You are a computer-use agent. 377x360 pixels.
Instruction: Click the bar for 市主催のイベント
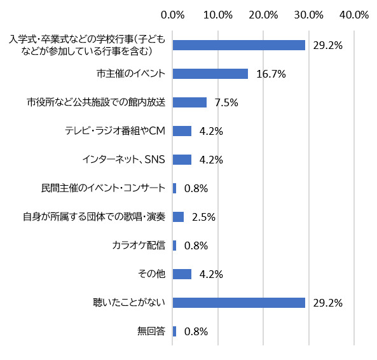point(210,74)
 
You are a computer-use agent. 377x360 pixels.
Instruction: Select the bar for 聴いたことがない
point(239,303)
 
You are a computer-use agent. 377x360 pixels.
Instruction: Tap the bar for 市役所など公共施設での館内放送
point(189,102)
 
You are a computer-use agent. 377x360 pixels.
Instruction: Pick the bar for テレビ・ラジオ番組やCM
point(182,131)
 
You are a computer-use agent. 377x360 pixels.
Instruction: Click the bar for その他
point(182,274)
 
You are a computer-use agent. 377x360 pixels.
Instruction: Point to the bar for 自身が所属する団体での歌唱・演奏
point(178,217)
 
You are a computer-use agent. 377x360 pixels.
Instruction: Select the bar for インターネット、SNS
point(182,160)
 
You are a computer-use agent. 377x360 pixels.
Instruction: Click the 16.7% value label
point(271,74)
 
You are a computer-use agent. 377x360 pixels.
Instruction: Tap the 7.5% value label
point(226,103)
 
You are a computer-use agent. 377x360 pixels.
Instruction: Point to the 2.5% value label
point(203,218)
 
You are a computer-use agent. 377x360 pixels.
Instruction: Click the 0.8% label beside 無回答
point(196,331)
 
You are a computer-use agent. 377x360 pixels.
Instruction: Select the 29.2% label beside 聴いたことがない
point(328,303)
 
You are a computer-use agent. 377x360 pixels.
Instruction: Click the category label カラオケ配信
point(138,246)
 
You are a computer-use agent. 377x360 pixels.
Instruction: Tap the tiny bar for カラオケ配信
point(174,246)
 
